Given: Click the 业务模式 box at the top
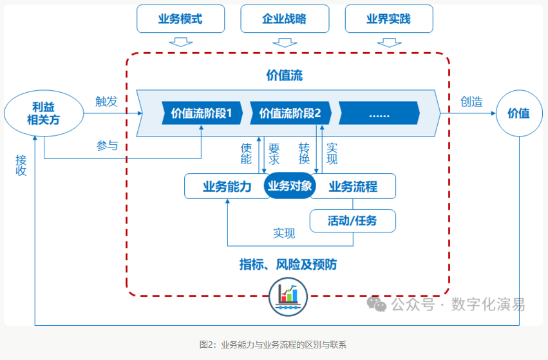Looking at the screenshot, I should tap(180, 19).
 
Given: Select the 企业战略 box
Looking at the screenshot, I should tap(285, 19).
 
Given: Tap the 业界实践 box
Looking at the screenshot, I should tap(388, 19).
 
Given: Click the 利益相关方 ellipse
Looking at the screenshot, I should tap(44, 113).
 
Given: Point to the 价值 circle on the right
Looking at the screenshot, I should tap(518, 113).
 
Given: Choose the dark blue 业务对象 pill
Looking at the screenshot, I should tap(290, 186).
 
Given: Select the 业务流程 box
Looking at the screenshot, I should tap(354, 187).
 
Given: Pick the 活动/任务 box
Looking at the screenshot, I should tap(352, 221).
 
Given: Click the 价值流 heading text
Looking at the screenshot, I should tap(284, 75).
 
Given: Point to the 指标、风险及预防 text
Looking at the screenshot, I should tap(288, 265).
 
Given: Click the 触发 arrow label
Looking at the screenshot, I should tap(106, 101).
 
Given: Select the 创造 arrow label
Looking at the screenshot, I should tap(471, 101).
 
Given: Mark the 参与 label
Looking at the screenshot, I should tap(107, 146).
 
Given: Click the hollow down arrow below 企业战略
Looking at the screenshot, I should tap(285, 43).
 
